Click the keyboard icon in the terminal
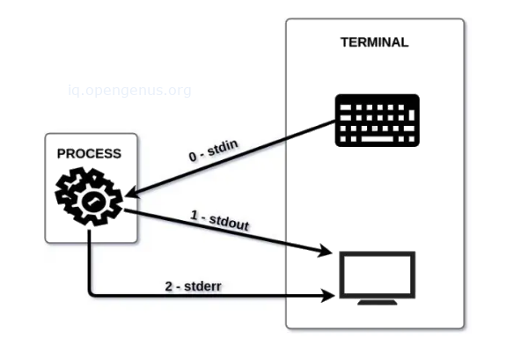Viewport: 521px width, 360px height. click(377, 120)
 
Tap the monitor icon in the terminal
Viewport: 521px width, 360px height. click(376, 277)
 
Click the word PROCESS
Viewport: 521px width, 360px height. click(89, 154)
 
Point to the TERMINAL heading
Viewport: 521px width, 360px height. click(374, 42)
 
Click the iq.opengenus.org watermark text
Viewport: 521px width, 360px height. click(129, 90)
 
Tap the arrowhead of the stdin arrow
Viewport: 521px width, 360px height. click(131, 193)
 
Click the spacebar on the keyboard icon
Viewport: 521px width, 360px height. click(377, 139)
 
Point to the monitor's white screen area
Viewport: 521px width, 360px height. click(376, 274)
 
